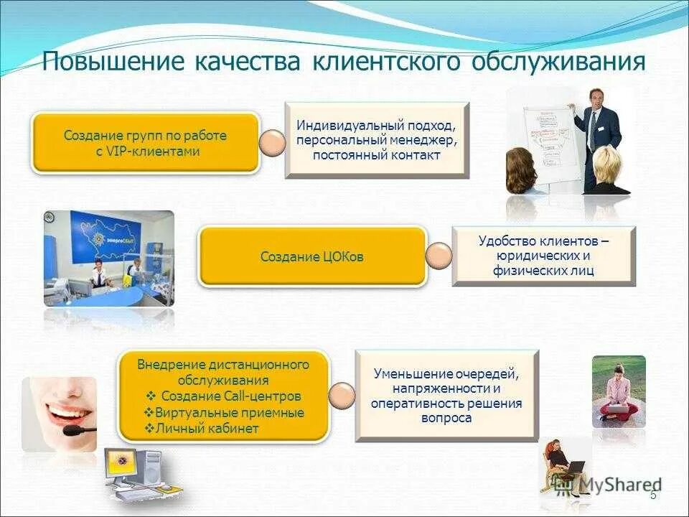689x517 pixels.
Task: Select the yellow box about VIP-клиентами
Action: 146,143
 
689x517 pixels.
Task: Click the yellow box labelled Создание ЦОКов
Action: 312,256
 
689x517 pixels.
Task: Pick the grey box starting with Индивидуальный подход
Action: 377,140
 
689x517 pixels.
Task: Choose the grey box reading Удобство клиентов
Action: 543,256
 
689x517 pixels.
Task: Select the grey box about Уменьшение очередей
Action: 446,395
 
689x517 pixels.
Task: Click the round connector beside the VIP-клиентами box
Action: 272,144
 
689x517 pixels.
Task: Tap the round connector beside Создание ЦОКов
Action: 438,256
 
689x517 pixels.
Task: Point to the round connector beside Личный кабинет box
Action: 342,395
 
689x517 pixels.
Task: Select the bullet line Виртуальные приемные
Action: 224,413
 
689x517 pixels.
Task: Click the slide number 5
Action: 652,495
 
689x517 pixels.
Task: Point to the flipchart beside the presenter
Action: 550,144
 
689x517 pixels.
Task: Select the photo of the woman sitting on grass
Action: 618,391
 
